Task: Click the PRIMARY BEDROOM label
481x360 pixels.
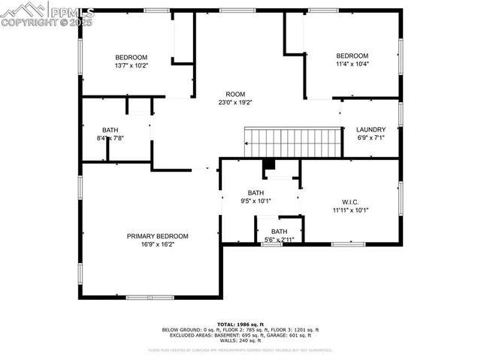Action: (157, 236)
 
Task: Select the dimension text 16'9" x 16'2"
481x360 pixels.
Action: (157, 244)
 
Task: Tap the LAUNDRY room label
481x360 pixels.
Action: (371, 129)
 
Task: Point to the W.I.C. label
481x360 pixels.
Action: (350, 201)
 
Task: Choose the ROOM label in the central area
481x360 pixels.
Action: (235, 94)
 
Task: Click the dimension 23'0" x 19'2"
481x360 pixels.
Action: (235, 102)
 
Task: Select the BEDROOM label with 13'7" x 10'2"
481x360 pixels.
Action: (131, 57)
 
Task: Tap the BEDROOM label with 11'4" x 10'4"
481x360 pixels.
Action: (352, 56)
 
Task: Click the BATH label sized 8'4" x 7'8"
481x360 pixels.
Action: (110, 129)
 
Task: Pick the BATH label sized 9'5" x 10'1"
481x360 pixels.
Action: (256, 192)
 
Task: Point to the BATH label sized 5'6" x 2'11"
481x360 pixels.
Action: (279, 231)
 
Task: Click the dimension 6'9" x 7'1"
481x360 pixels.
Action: (371, 138)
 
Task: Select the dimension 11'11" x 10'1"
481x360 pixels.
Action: (350, 210)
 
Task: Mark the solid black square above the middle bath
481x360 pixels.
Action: (269, 165)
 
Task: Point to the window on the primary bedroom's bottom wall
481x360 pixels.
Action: (150, 298)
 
